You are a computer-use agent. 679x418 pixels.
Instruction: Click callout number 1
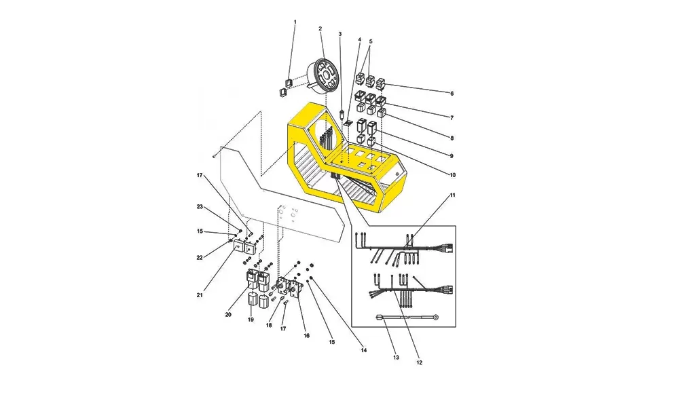[x=295, y=22]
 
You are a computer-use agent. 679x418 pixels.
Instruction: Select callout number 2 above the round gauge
[x=320, y=28]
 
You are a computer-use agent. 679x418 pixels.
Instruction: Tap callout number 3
[x=340, y=34]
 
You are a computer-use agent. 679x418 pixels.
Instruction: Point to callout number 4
[x=359, y=39]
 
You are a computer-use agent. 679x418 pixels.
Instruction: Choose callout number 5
[x=371, y=41]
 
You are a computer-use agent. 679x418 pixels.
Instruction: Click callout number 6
[x=452, y=94]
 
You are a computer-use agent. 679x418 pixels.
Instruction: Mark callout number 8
[x=452, y=138]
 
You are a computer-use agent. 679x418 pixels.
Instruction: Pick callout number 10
[x=452, y=175]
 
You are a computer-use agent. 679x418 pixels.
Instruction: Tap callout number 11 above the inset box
[x=452, y=195]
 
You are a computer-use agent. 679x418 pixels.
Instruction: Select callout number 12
[x=419, y=362]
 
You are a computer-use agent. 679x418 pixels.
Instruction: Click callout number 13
[x=397, y=358]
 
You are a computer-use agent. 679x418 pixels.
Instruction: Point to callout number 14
[x=364, y=350]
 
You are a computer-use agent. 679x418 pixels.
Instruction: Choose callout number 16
[x=307, y=335]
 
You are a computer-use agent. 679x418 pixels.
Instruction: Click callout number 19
[x=251, y=320]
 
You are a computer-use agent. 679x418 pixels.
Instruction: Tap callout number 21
[x=200, y=295]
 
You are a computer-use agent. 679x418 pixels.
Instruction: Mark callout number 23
[x=200, y=207]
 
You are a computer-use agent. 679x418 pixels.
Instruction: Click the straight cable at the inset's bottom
[x=407, y=317]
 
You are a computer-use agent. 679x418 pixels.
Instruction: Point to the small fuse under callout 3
[x=343, y=115]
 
